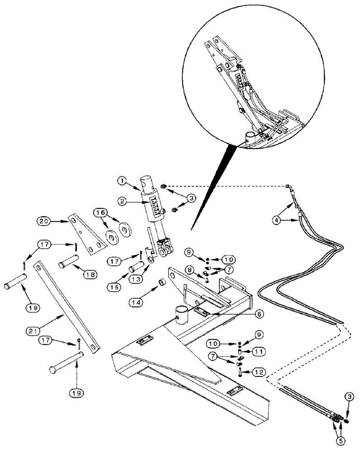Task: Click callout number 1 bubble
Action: [121, 181]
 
